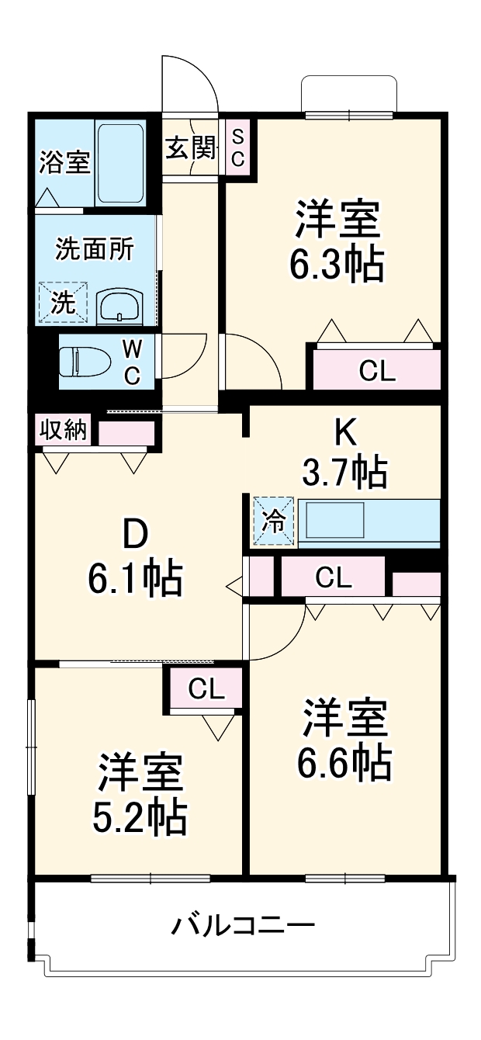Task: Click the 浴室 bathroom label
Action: [64, 164]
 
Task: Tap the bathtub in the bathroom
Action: [120, 162]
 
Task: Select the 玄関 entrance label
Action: [189, 147]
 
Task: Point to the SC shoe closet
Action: [238, 148]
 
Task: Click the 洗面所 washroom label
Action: [94, 249]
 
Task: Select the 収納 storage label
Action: [64, 429]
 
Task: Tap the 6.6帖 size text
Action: [344, 764]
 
